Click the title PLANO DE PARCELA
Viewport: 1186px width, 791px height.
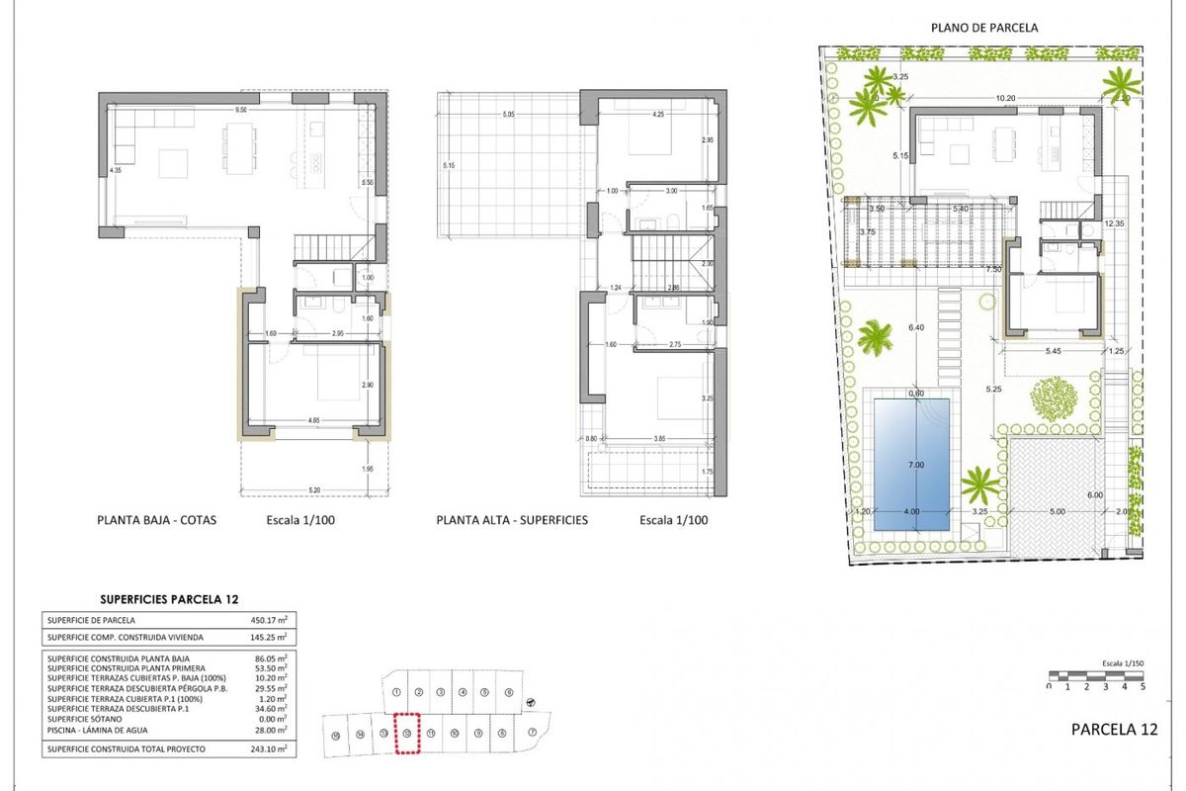coord(983,28)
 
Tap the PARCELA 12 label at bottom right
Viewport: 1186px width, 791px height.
coord(1114,730)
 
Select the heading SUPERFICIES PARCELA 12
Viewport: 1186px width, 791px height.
coord(168,599)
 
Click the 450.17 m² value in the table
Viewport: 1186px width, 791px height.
coord(268,620)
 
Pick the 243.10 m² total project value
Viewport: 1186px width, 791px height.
coord(268,750)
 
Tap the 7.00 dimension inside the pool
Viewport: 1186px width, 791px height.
coord(915,465)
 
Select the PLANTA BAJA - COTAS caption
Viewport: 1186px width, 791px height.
coord(156,519)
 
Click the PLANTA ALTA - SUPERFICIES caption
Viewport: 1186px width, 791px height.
coord(512,519)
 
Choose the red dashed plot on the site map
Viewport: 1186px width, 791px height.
coord(406,733)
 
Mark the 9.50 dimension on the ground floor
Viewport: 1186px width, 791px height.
coord(240,110)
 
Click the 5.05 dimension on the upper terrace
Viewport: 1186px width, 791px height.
coord(508,116)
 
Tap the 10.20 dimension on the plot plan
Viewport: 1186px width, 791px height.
coord(1005,99)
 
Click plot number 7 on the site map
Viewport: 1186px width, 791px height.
coord(531,733)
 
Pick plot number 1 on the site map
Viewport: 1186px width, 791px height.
coord(395,692)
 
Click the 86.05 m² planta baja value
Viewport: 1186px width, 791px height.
coord(268,658)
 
